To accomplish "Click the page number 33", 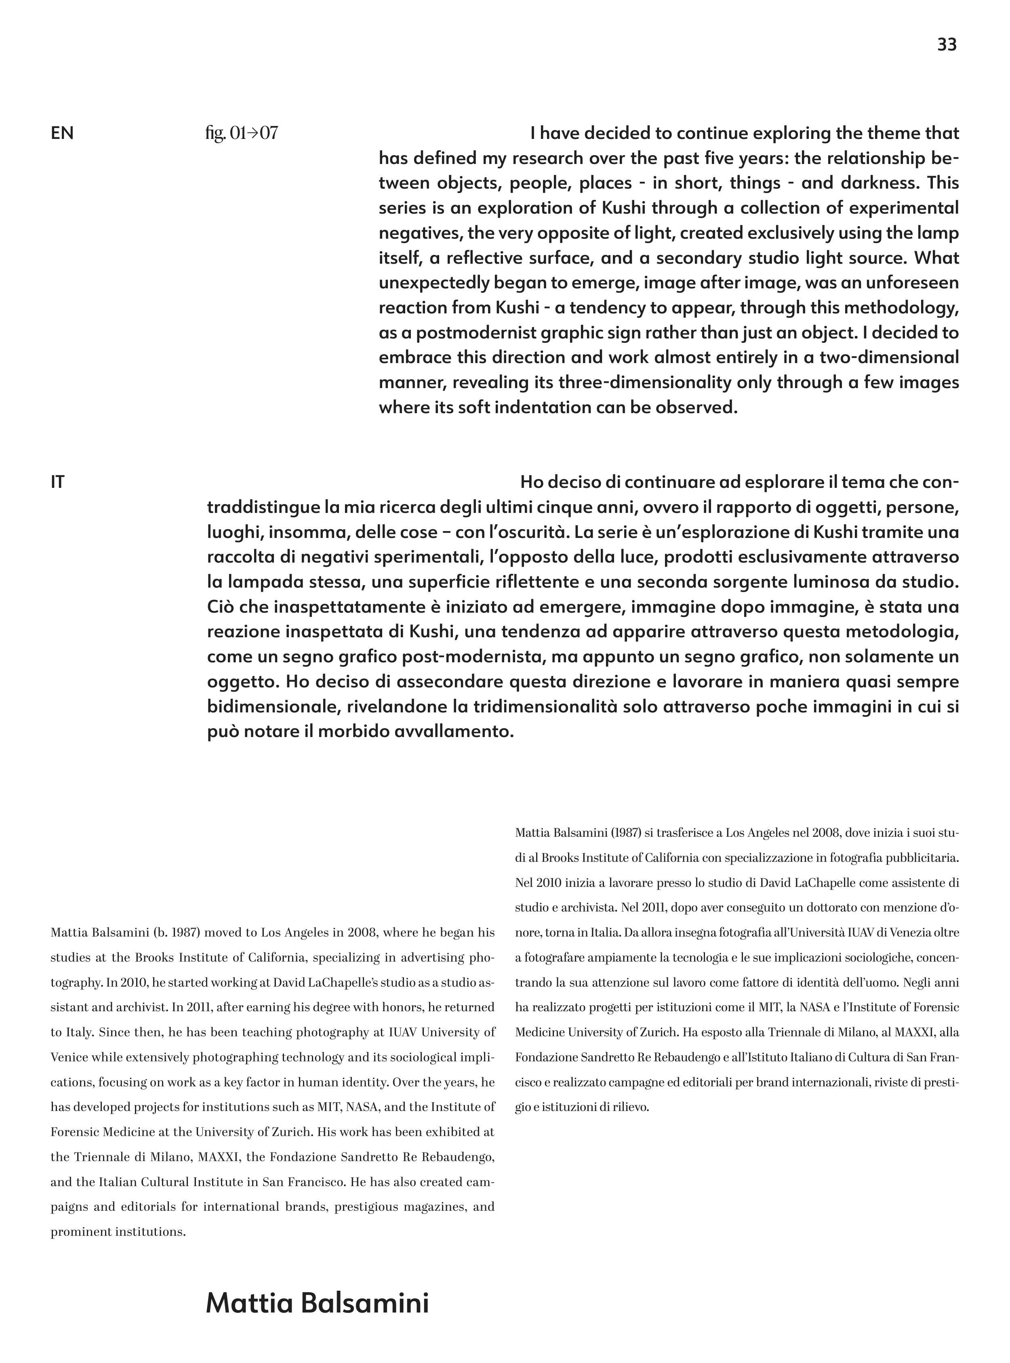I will coord(947,44).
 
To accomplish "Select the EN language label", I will coord(62,133).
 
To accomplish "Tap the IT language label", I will coord(57,482).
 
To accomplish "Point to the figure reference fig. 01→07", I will coord(242,133).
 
